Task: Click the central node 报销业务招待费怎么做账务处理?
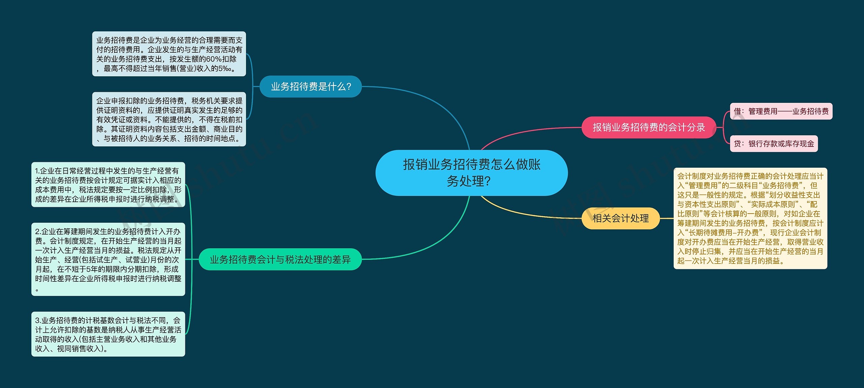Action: tap(471, 173)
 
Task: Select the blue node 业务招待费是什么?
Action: tap(310, 87)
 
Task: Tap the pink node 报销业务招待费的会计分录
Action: tap(649, 128)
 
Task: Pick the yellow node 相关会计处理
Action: tap(620, 218)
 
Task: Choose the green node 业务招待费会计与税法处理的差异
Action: tap(280, 259)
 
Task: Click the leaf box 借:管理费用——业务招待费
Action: tap(781, 111)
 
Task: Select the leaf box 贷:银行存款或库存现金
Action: tap(774, 144)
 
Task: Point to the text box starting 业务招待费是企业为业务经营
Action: tap(169, 54)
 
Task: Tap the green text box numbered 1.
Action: tap(108, 185)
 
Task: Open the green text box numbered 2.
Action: tap(108, 259)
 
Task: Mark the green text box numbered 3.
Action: tap(108, 334)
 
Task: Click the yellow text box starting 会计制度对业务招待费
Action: tap(750, 218)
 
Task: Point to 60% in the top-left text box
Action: tap(213, 59)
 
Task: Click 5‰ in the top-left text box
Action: tap(225, 69)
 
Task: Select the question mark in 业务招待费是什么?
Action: tap(349, 87)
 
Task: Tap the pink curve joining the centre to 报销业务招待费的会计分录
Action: tap(526, 133)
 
